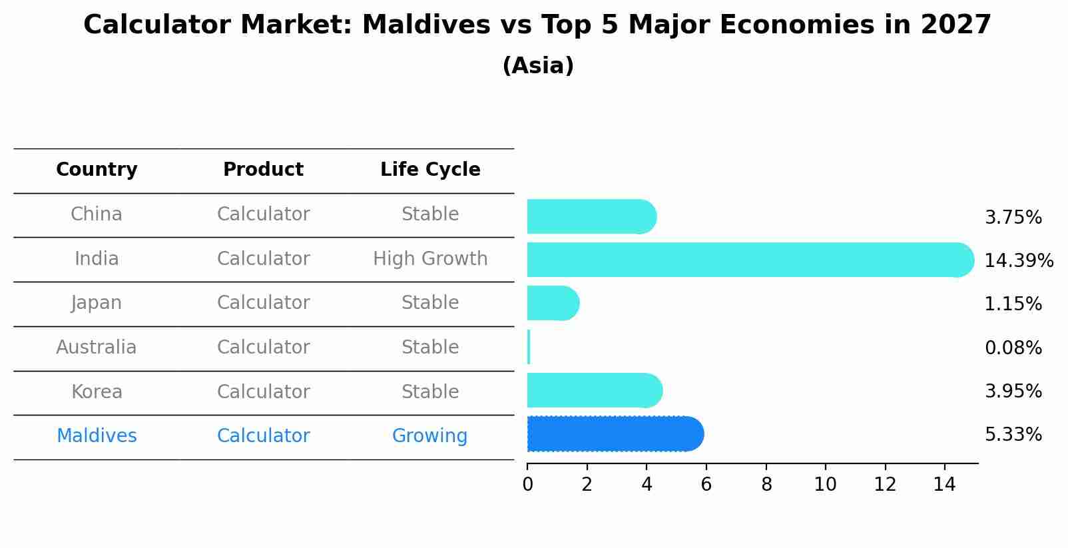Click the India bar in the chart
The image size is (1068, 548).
[x=749, y=260]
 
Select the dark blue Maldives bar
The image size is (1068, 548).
[x=615, y=434]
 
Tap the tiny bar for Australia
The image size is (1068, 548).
[x=529, y=347]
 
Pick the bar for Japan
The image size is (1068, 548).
[x=553, y=303]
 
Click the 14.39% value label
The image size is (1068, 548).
[x=1019, y=260]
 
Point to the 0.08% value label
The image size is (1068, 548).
[x=1013, y=348]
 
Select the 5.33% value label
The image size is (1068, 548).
[x=1013, y=435]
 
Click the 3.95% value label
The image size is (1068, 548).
[x=1013, y=391]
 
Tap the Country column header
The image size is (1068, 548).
[x=97, y=170]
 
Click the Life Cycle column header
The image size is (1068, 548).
[x=430, y=170]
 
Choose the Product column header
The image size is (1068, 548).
[x=263, y=170]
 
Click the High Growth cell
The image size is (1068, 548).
[x=430, y=258]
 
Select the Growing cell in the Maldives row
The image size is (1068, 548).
[x=429, y=436]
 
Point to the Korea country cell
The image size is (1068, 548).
[x=97, y=392]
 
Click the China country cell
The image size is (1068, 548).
[x=97, y=214]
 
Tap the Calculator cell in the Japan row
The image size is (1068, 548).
[x=263, y=303]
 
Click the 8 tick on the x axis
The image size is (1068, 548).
[x=766, y=485]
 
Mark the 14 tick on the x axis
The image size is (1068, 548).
[x=944, y=485]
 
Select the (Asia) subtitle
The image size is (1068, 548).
[x=538, y=66]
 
